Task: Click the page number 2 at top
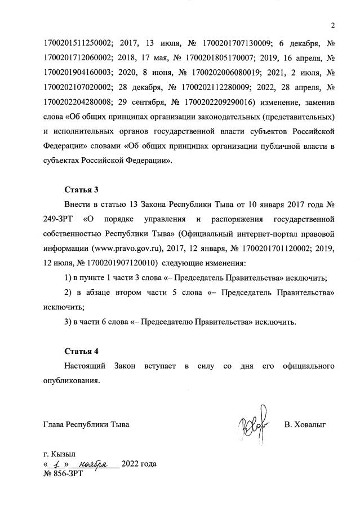(334, 25)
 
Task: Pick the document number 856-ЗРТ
(64, 474)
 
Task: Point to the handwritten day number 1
(59, 464)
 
